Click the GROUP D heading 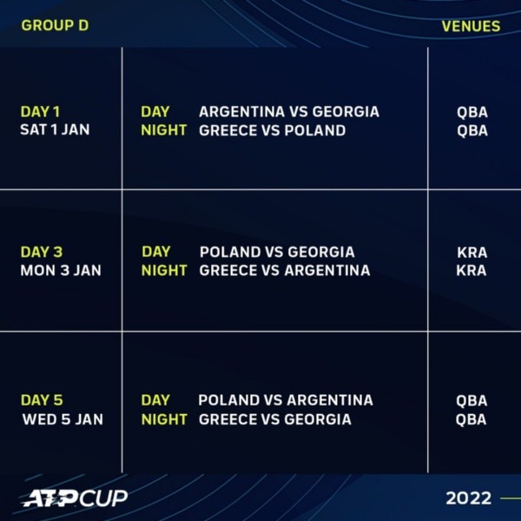[55, 25]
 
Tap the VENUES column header [471, 26]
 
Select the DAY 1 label [40, 112]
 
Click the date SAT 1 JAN [55, 130]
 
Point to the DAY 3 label [41, 253]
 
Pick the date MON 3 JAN [60, 270]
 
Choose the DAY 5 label [41, 400]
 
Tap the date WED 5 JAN [62, 419]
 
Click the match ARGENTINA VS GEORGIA [288, 112]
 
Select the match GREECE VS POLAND [273, 130]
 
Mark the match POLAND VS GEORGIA [277, 253]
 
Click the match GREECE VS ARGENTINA [285, 270]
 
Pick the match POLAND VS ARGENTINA [286, 400]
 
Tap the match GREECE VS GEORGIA [275, 419]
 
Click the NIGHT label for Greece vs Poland [164, 130]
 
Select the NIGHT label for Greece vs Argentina [164, 270]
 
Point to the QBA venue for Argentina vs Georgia [472, 112]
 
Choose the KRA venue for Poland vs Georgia [472, 253]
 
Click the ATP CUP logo [75, 498]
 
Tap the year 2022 [468, 498]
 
